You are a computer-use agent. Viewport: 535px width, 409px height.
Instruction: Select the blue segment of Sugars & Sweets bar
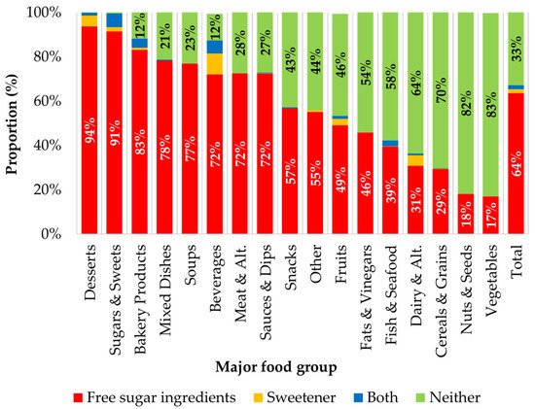click(114, 20)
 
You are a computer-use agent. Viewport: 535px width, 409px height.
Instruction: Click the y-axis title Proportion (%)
click(14, 122)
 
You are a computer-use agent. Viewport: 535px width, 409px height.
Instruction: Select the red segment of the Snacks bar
click(290, 175)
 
